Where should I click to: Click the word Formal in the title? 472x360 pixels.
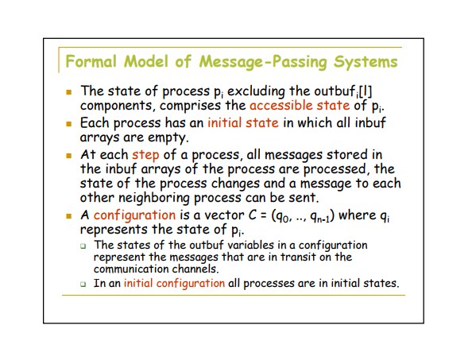91,61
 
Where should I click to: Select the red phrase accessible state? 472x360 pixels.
300,106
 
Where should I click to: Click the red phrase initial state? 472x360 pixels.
243,123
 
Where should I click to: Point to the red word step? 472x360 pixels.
145,155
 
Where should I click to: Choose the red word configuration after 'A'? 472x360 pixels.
134,215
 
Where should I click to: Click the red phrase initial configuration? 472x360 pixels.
174,283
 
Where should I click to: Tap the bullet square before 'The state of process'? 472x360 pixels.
69,92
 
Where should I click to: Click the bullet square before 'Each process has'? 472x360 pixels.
69,124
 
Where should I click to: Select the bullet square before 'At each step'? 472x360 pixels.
69,156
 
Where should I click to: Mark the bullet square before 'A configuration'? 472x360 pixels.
69,216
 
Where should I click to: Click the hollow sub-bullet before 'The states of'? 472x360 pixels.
83,246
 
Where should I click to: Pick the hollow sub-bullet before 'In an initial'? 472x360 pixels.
83,284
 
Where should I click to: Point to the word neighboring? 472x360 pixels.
154,198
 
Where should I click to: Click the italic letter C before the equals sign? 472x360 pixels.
252,215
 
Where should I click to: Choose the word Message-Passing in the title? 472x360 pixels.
263,62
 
